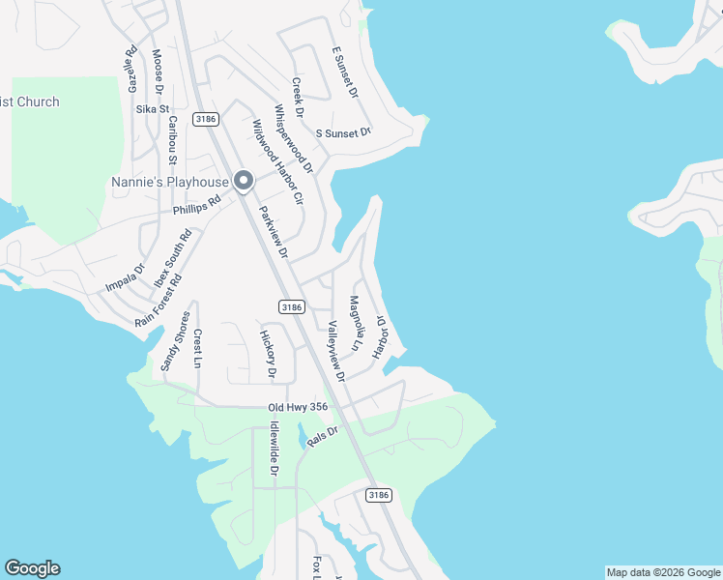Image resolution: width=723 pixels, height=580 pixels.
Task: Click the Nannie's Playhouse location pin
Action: click(244, 181)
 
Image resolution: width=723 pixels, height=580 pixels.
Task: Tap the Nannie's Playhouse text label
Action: click(169, 182)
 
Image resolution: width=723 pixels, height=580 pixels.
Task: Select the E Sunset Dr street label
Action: click(344, 72)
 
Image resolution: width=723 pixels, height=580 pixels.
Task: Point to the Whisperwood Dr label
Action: click(294, 138)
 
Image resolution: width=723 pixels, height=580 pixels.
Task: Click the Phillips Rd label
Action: click(197, 205)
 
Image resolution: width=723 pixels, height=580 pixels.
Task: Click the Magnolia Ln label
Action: click(356, 324)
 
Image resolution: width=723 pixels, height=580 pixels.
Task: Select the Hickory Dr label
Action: click(268, 354)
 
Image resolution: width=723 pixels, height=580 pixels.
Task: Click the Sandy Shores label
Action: click(175, 339)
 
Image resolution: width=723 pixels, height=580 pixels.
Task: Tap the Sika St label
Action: click(153, 109)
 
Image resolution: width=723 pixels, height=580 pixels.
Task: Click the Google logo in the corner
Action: click(32, 568)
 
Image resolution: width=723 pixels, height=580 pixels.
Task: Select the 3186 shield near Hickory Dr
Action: click(293, 306)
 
